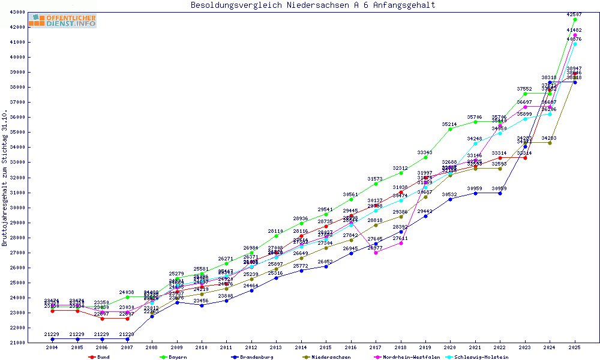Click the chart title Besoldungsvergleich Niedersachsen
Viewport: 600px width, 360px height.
(313, 5)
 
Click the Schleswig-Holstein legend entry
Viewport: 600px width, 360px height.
(479, 357)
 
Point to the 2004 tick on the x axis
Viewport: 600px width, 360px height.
(53, 347)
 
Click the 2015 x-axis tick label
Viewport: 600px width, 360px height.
(326, 347)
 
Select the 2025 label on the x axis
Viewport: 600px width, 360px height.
(575, 347)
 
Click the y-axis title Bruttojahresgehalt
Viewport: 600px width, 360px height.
(5, 178)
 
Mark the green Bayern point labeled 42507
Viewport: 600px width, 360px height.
(575, 19)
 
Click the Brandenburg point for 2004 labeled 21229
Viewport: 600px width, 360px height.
(53, 339)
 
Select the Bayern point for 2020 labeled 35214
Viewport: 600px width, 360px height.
(451, 129)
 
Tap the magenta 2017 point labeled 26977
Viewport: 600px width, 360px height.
(376, 253)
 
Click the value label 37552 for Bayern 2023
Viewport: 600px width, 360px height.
(525, 89)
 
